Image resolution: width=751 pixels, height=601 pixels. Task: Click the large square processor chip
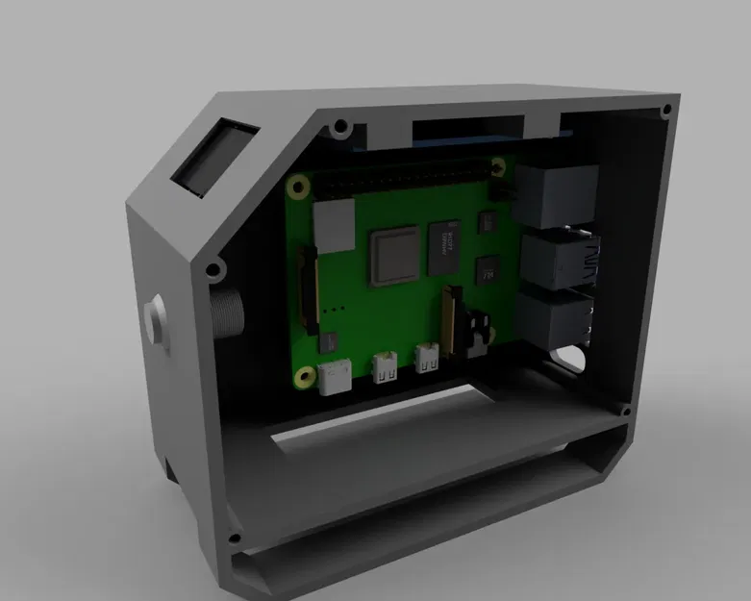point(395,256)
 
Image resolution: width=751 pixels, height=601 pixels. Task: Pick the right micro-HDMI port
point(427,360)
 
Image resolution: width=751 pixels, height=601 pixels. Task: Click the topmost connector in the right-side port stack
point(556,193)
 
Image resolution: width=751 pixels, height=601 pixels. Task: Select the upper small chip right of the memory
point(486,223)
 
